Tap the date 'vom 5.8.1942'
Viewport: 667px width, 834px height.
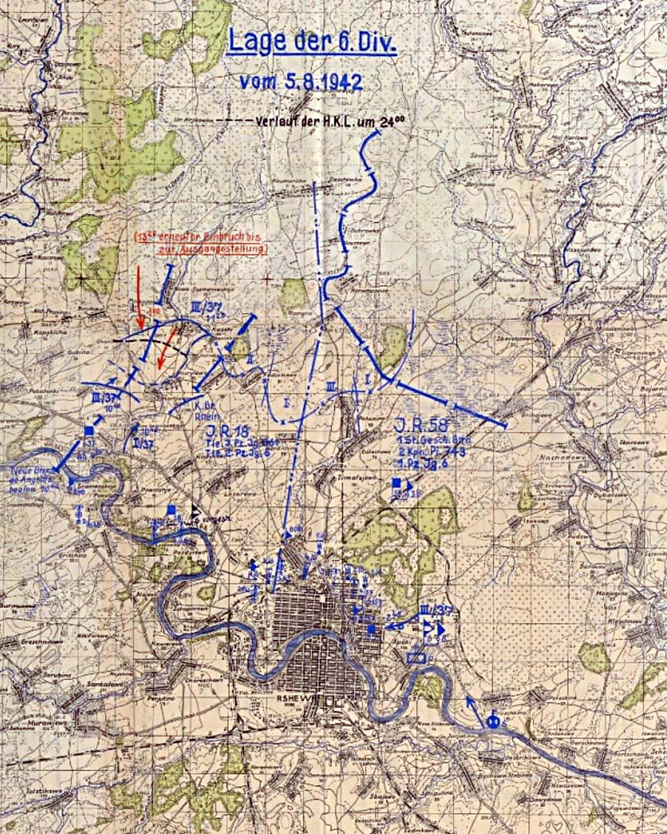pos(300,82)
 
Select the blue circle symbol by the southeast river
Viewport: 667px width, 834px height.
pos(493,722)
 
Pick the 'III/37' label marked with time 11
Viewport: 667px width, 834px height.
pos(204,308)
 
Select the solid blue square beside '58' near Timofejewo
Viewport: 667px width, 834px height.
pos(396,483)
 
